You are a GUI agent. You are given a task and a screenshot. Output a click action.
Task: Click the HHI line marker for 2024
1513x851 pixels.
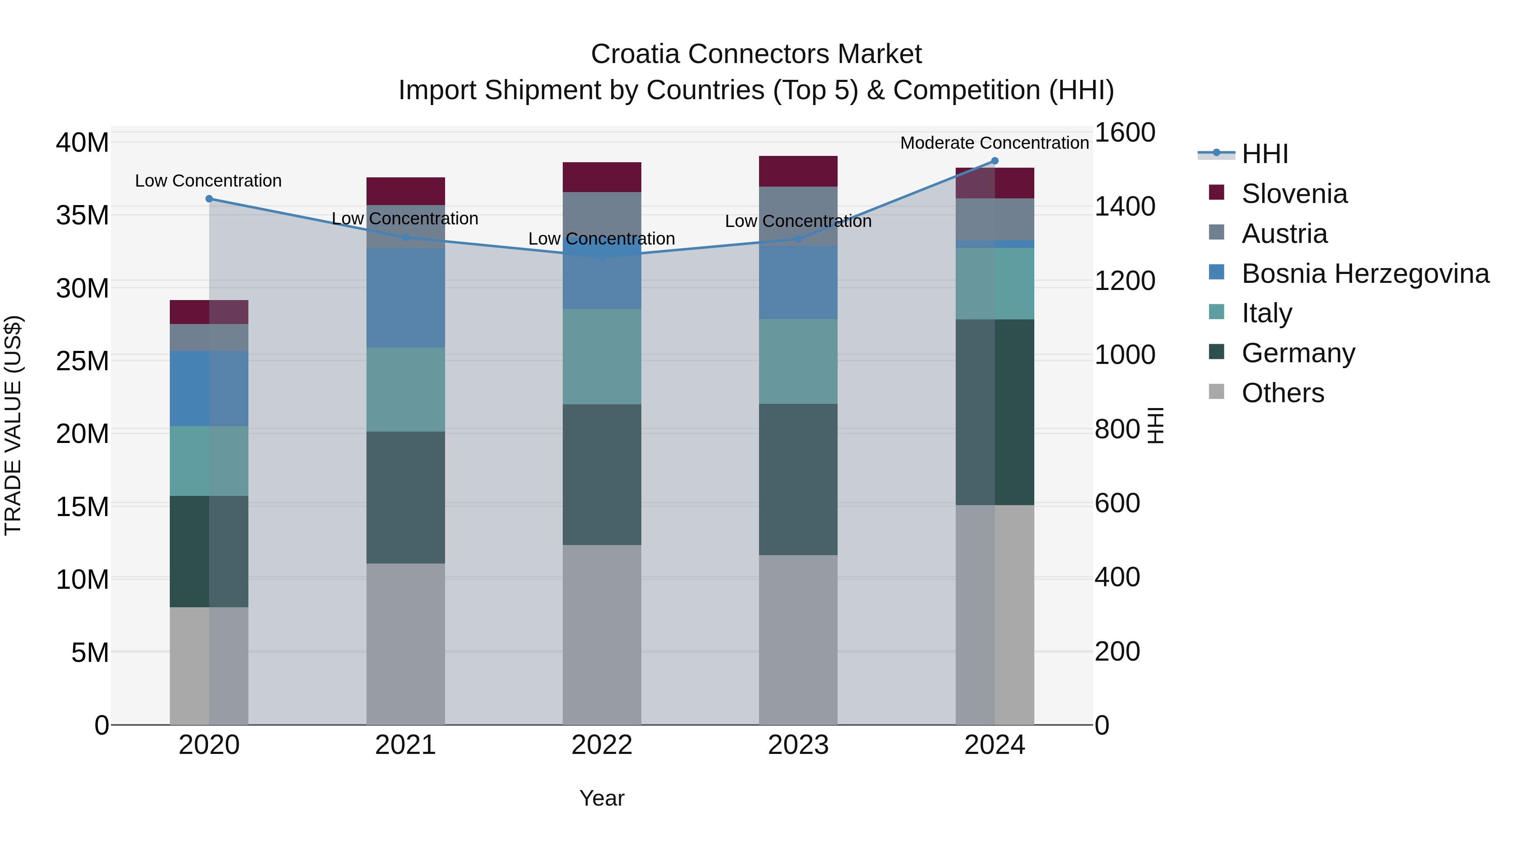pos(994,161)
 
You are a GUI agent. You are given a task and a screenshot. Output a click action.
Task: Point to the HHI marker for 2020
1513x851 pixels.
pos(209,199)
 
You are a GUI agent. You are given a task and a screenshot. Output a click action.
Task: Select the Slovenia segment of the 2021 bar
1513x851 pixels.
pos(405,191)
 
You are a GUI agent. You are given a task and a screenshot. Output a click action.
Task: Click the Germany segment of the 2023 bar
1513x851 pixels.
pos(798,479)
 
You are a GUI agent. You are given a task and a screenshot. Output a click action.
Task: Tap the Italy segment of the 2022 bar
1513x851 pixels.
pos(601,356)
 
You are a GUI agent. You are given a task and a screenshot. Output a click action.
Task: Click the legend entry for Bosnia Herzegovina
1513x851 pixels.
pos(1364,274)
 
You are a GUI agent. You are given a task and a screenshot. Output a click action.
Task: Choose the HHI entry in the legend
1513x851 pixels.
pos(1265,154)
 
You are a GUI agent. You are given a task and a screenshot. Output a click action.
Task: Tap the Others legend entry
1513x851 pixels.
pos(1282,393)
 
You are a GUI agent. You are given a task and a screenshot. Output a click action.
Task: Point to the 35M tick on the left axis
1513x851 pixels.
pos(82,215)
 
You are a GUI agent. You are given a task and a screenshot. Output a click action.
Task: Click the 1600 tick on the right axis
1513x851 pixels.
pos(1124,133)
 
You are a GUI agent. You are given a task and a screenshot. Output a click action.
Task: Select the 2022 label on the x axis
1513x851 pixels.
pos(601,745)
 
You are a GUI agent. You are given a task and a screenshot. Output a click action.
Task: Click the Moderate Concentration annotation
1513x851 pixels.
pos(994,143)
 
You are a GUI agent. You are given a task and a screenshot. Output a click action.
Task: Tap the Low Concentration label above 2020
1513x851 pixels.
pos(208,180)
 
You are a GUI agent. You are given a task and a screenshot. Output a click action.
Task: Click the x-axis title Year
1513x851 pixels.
pos(601,798)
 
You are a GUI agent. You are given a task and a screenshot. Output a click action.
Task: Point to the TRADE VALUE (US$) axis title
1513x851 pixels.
pos(13,425)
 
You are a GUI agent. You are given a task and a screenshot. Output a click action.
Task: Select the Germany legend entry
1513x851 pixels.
pos(1298,353)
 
